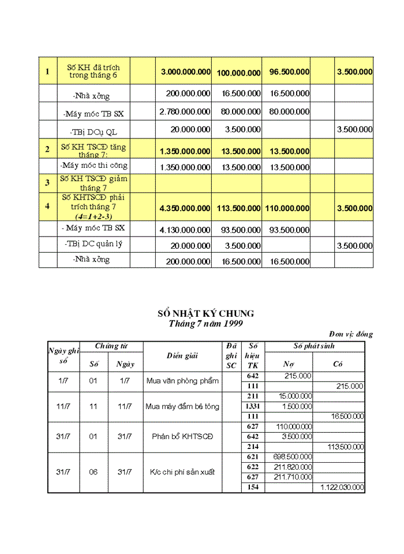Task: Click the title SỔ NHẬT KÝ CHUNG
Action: (205, 313)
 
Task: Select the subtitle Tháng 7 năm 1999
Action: (205, 324)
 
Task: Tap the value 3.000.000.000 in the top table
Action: (185, 72)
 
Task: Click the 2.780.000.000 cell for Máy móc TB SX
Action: (185, 111)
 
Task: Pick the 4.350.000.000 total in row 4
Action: (185, 208)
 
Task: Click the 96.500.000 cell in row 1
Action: (289, 72)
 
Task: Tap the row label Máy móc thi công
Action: (94, 166)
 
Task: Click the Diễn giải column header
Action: (182, 356)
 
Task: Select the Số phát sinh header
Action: (314, 346)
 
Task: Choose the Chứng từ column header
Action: (111, 346)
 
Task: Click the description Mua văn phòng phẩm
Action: (182, 381)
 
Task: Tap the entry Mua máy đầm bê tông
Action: (182, 406)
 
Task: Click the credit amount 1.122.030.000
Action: (342, 488)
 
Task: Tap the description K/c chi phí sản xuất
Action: (182, 472)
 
